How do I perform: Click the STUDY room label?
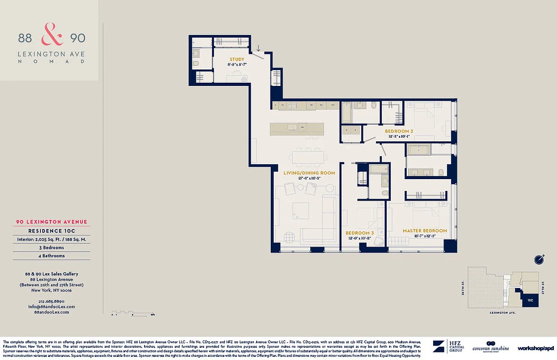coord(237,59)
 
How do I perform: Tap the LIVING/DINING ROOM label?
coord(309,173)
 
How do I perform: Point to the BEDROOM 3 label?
coord(360,233)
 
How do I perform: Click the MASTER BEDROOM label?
coord(425,231)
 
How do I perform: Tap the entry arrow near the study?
coord(259,48)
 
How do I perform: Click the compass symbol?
coord(539,259)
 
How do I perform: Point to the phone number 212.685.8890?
coord(51,301)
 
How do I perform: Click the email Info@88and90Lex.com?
coord(51,306)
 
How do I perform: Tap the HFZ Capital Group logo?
coord(448,347)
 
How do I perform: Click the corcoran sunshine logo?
coord(491,347)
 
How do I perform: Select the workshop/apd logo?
coord(535,348)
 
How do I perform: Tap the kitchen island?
coord(297,128)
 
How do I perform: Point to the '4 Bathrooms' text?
coord(51,256)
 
